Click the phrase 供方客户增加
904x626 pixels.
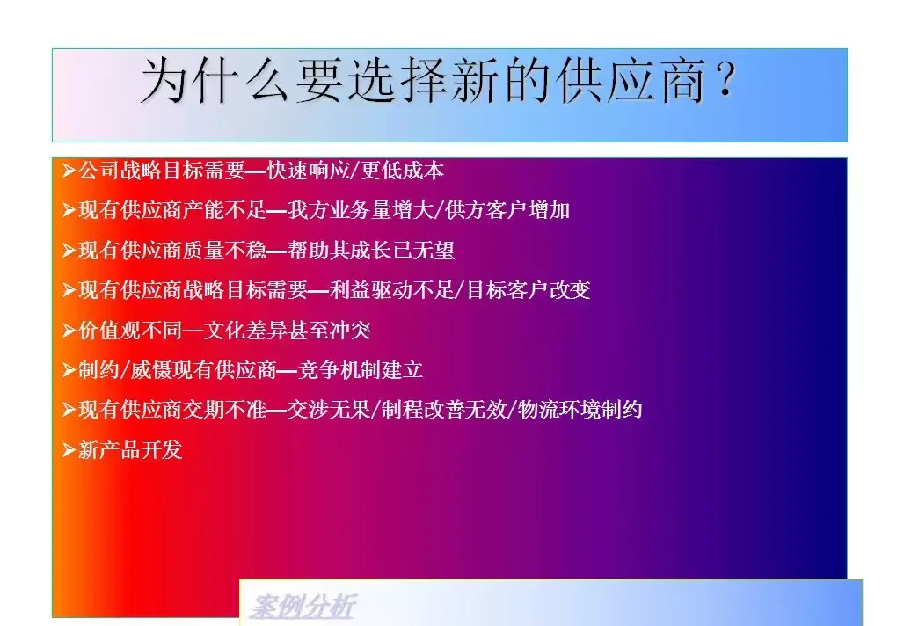(508, 210)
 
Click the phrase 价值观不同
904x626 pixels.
(127, 331)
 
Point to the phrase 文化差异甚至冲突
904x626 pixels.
(288, 331)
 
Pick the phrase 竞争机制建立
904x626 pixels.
(361, 370)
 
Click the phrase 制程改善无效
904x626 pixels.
(444, 410)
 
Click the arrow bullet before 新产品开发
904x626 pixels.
(69, 450)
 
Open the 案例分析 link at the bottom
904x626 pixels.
(303, 608)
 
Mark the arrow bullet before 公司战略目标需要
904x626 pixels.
(69, 171)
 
